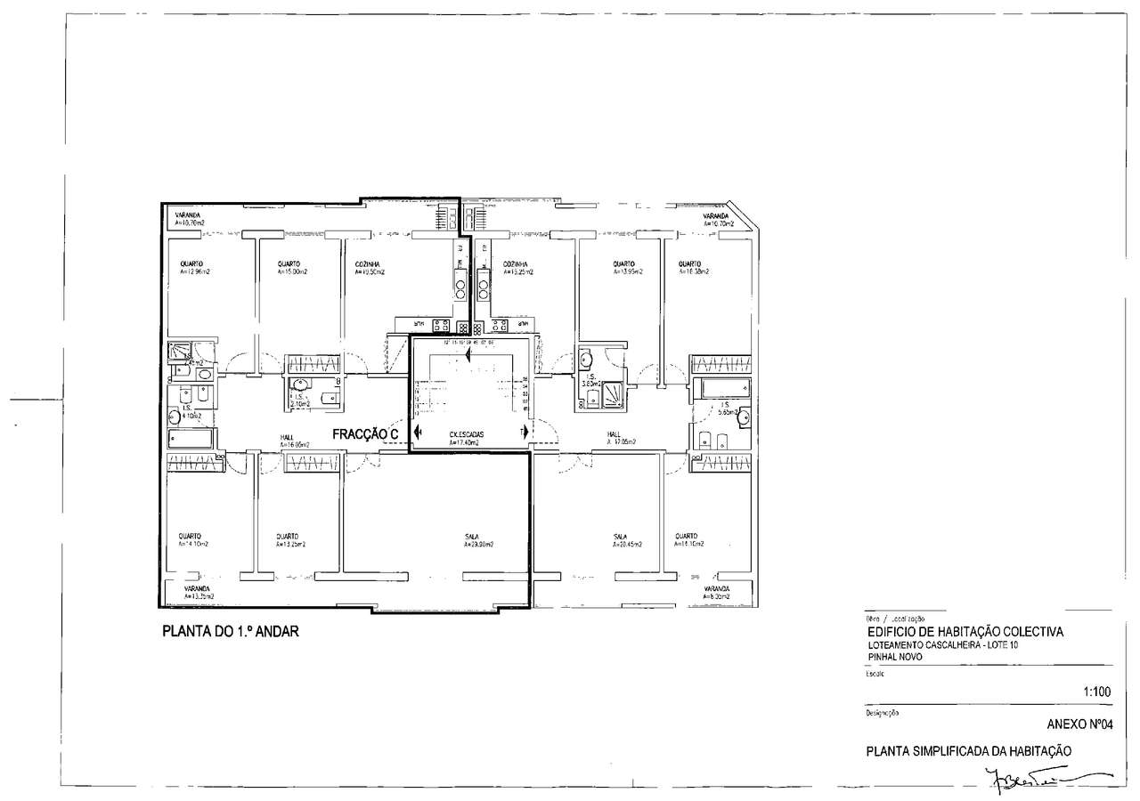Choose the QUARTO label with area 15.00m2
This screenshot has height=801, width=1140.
point(288,268)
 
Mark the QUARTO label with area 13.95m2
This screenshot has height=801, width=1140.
point(623,268)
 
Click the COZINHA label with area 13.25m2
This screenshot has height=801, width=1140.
point(516,268)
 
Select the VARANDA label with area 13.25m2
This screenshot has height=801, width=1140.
point(198,593)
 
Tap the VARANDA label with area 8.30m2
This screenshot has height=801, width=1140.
point(716,593)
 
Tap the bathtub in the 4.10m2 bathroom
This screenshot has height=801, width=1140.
point(191,439)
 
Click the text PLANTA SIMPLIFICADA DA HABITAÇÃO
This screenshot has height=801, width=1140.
point(968,750)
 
